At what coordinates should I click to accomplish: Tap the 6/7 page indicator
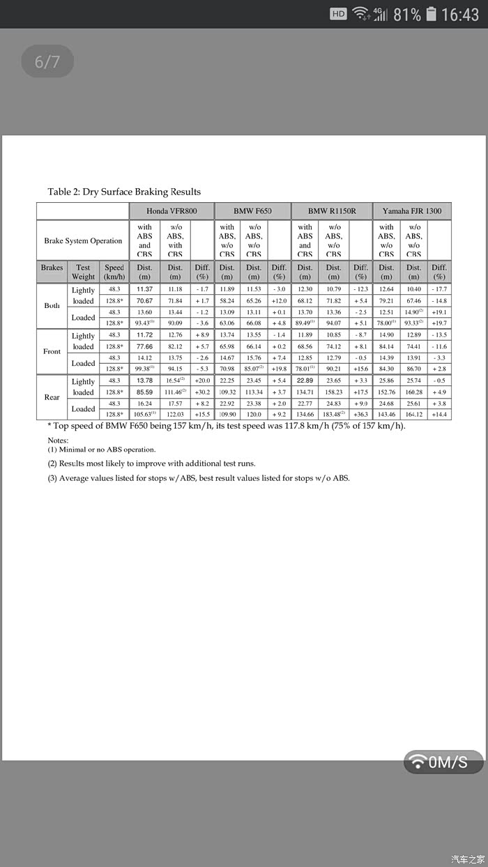coord(47,61)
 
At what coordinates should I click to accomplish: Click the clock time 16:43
coord(460,14)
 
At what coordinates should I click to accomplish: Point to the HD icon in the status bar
coord(338,14)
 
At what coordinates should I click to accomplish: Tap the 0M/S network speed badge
coord(443,762)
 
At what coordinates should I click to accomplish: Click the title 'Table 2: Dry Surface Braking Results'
coord(124,192)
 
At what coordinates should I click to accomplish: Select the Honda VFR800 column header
coord(171,210)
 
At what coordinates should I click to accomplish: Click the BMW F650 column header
coord(252,210)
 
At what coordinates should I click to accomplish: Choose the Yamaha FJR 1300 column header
coord(413,210)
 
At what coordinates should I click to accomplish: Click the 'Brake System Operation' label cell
coord(83,240)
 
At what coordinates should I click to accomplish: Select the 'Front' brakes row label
coord(52,351)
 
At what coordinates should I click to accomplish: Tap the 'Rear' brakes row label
coord(52,397)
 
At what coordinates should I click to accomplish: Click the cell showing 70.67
coord(144,300)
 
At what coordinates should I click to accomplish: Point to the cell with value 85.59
coord(144,392)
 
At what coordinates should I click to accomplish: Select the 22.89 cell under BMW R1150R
coord(305,381)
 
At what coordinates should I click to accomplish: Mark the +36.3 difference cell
coord(360,415)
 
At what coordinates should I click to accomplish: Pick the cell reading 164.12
coord(414,415)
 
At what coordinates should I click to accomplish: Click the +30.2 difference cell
coord(202,392)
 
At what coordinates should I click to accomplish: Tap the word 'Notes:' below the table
coord(58,440)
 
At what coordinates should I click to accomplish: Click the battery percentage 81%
coord(407,14)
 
